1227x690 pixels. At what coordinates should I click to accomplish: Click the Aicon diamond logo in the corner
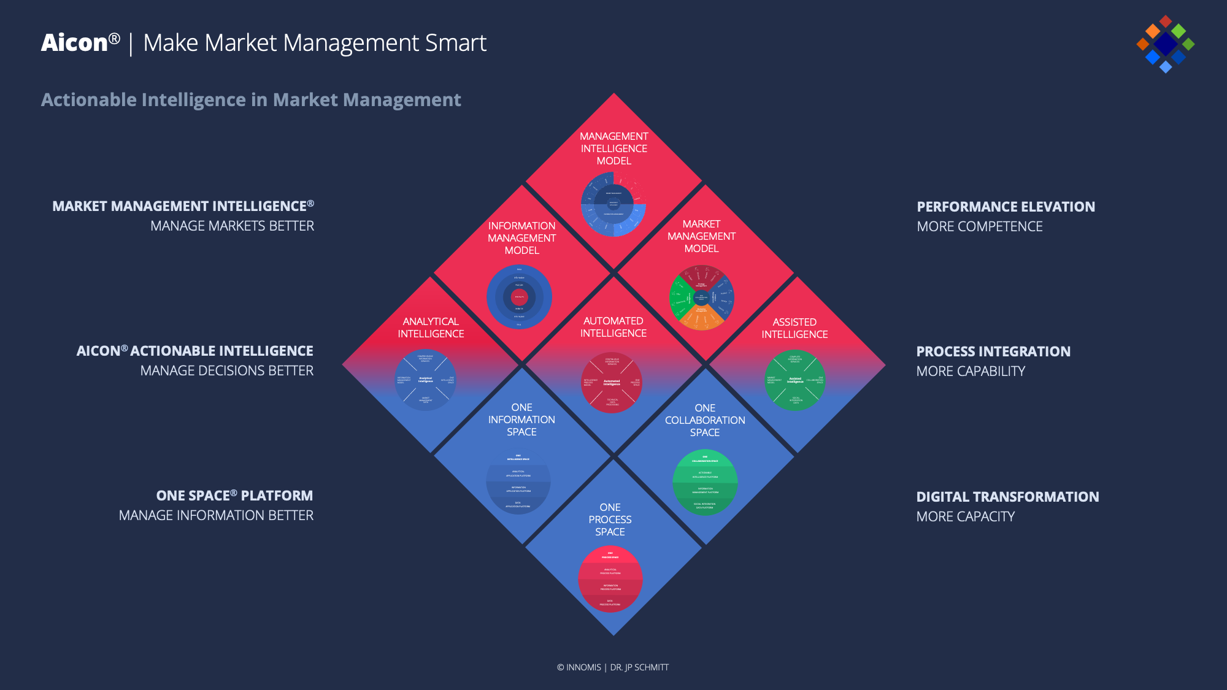click(x=1165, y=44)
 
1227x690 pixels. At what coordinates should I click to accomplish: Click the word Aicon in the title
click(x=74, y=43)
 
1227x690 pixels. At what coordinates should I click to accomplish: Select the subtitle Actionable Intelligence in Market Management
click(x=251, y=100)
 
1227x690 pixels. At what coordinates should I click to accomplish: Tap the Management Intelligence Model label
click(x=613, y=148)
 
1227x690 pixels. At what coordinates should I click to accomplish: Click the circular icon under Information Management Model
click(x=519, y=297)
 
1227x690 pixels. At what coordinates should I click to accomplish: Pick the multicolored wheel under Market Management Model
click(x=701, y=297)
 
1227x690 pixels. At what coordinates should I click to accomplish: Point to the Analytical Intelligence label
click(x=431, y=328)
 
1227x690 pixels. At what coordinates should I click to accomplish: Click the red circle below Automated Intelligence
click(x=612, y=382)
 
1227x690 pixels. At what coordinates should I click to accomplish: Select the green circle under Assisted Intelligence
click(x=794, y=380)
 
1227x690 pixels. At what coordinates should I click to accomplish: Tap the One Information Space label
click(x=521, y=420)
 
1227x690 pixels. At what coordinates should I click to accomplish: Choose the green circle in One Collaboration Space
click(x=705, y=483)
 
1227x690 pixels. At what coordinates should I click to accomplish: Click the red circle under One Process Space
click(x=610, y=579)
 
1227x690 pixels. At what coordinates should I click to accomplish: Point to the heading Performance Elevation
click(x=1006, y=207)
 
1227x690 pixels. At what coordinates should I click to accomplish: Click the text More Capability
click(x=971, y=371)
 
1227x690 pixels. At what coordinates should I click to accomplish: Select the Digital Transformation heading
click(x=1007, y=497)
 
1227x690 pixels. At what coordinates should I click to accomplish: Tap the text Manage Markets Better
click(x=232, y=226)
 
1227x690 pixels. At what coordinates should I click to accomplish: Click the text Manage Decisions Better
click(x=226, y=371)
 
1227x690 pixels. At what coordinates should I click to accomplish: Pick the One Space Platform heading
click(x=234, y=496)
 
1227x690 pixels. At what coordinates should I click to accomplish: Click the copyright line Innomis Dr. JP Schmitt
click(x=613, y=667)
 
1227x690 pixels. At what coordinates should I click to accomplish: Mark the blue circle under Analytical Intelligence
click(x=425, y=380)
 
